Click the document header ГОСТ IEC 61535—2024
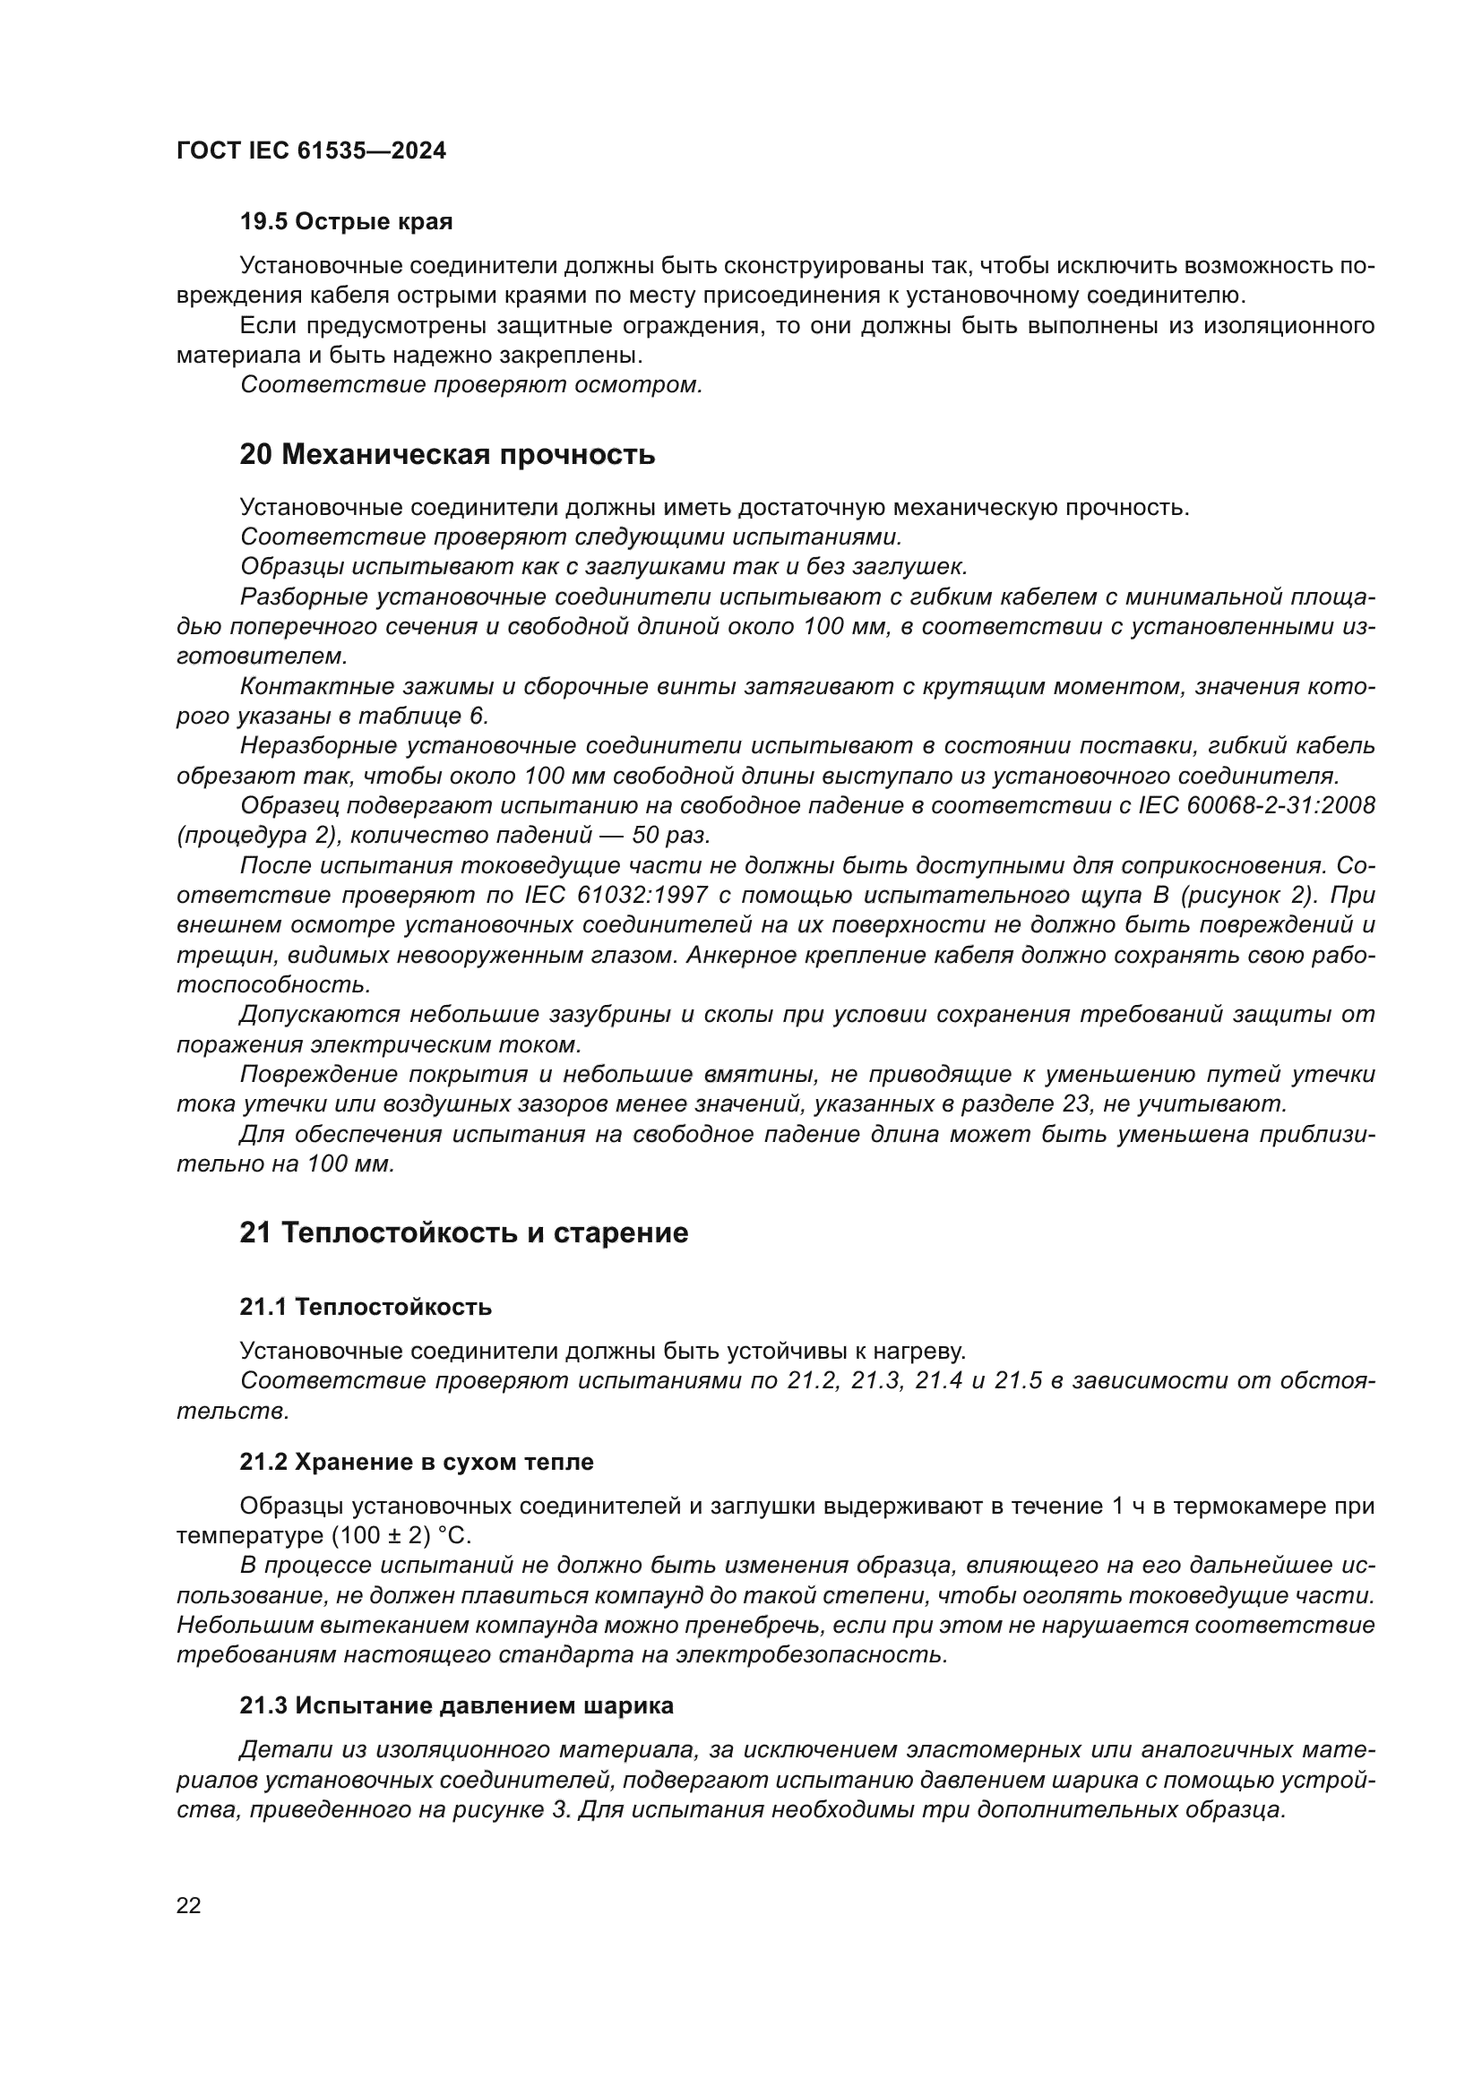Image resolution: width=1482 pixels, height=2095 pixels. click(x=311, y=150)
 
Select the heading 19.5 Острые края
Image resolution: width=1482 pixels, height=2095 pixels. click(x=346, y=222)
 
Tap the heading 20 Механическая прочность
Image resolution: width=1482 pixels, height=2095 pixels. click(x=447, y=453)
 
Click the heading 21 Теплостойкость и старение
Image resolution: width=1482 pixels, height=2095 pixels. click(x=463, y=1232)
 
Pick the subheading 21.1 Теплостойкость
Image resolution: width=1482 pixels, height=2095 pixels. click(x=365, y=1307)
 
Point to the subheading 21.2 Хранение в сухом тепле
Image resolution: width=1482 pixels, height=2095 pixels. click(x=416, y=1462)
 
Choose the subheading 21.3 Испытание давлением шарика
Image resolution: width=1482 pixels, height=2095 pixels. click(x=456, y=1705)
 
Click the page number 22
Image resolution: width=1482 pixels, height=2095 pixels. click(x=189, y=1905)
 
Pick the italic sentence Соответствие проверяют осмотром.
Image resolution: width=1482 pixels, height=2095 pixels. click(x=471, y=385)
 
